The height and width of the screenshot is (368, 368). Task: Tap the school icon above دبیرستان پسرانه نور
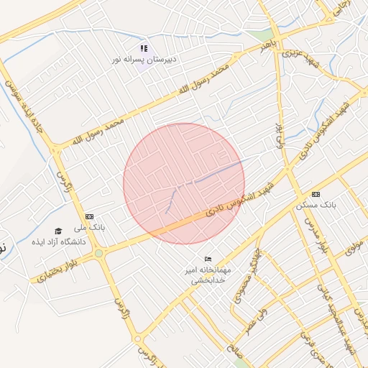pos(144,48)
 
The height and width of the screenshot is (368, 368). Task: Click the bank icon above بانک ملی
pos(89,216)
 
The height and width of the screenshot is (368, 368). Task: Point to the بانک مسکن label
pos(316,205)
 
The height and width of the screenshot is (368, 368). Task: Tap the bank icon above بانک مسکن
pos(316,195)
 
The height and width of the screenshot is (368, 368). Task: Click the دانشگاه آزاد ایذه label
pos(58,241)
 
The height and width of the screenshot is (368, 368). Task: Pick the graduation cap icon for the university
pos(58,231)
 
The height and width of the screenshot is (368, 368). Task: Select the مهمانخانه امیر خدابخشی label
pos(208,275)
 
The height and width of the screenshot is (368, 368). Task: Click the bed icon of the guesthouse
pos(208,259)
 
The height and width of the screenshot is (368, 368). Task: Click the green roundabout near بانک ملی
pos(98,253)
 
